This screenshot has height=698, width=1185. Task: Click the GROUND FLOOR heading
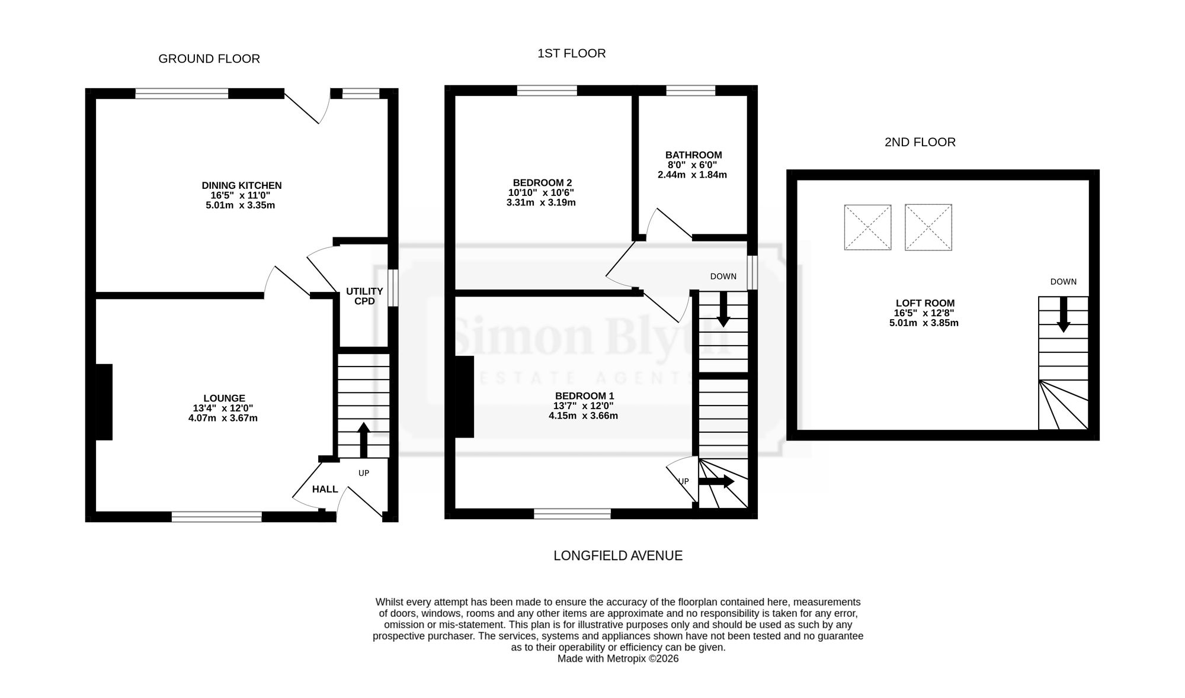[x=209, y=59]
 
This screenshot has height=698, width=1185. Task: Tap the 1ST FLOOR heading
[x=571, y=53]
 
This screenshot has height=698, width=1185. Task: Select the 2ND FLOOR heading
[x=920, y=142]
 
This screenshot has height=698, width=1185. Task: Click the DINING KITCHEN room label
[x=242, y=185]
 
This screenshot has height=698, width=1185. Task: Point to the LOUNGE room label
[x=224, y=398]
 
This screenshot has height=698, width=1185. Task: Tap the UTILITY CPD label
[x=364, y=296]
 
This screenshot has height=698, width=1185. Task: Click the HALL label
[x=325, y=489]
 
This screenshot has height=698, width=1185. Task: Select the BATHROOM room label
[x=694, y=155]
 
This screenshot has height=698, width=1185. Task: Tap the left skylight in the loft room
[x=867, y=227]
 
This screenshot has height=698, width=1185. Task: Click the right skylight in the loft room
[x=928, y=227]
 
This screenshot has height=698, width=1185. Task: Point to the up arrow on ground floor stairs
[x=364, y=440]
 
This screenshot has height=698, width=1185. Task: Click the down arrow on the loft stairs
[x=1064, y=314]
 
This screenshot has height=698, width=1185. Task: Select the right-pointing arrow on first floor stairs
[x=716, y=482]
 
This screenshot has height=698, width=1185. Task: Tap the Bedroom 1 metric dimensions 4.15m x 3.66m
[x=583, y=416]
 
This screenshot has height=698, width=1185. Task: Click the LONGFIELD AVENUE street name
[x=618, y=555]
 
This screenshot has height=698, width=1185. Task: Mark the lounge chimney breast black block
[x=104, y=402]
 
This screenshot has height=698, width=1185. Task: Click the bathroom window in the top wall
[x=691, y=91]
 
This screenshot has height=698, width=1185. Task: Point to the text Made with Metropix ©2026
[x=618, y=658]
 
